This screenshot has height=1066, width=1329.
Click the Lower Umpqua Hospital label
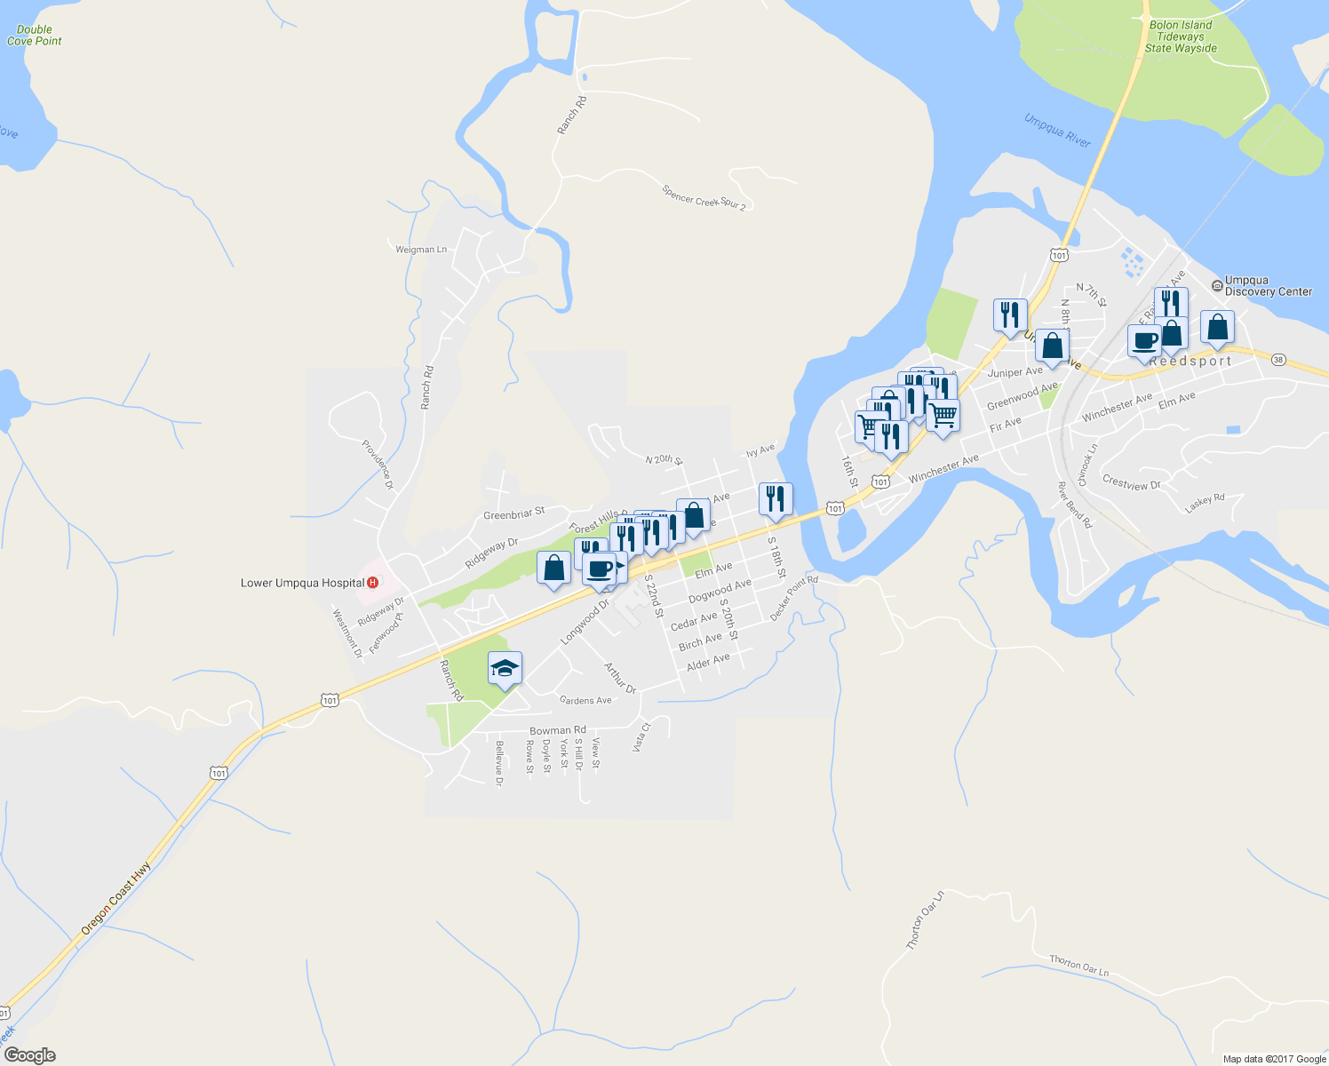pyautogui.click(x=302, y=584)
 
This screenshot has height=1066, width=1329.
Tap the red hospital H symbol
pyautogui.click(x=373, y=583)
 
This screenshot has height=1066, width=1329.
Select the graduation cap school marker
pyautogui.click(x=505, y=668)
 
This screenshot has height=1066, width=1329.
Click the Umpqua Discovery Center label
pyautogui.click(x=1268, y=286)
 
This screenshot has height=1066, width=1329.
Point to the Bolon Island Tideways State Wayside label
pyautogui.click(x=1180, y=37)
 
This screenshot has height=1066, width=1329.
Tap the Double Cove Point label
pyautogui.click(x=35, y=36)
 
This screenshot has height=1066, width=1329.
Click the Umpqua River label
pyautogui.click(x=1056, y=131)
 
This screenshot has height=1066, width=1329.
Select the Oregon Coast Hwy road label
pyautogui.click(x=115, y=898)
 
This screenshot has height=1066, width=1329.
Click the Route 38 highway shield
pyautogui.click(x=1278, y=359)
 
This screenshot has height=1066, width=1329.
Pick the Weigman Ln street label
pyautogui.click(x=421, y=250)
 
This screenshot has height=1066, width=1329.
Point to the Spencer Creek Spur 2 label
pyautogui.click(x=704, y=197)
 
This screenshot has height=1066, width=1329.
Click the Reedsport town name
pyautogui.click(x=1190, y=362)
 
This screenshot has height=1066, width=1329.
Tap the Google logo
pyautogui.click(x=29, y=1055)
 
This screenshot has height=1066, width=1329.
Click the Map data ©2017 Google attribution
pyautogui.click(x=1274, y=1059)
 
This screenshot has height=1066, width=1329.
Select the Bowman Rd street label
pyautogui.click(x=557, y=731)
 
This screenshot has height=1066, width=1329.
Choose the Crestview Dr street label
pyautogui.click(x=1131, y=483)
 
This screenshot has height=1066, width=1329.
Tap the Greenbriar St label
pyautogui.click(x=513, y=514)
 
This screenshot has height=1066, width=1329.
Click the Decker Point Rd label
pyautogui.click(x=793, y=598)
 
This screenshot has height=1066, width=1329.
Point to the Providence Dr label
pyautogui.click(x=378, y=465)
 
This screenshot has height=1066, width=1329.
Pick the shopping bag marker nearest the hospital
pyautogui.click(x=553, y=569)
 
